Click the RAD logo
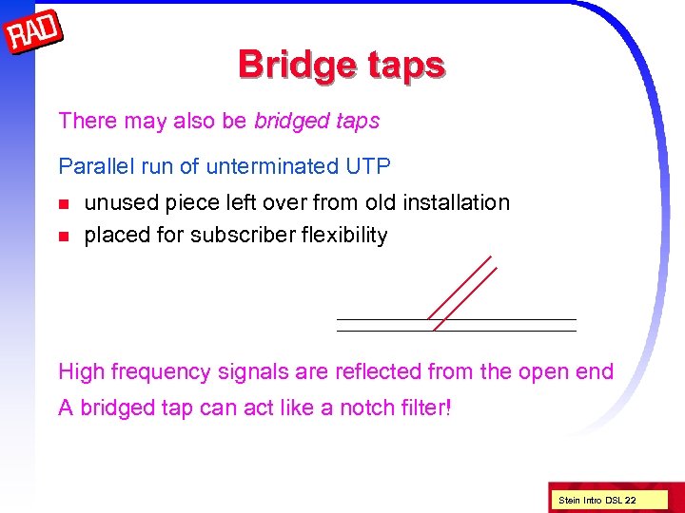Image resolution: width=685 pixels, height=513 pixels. (34, 35)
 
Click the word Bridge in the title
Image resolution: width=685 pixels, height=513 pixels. (289, 65)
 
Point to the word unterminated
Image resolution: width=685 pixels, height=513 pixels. (270, 166)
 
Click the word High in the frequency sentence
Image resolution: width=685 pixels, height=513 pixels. (82, 371)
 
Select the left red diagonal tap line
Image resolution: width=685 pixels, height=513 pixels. (460, 287)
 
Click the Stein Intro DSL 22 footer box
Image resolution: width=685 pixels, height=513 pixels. (597, 500)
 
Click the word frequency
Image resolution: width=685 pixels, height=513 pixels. (158, 372)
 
